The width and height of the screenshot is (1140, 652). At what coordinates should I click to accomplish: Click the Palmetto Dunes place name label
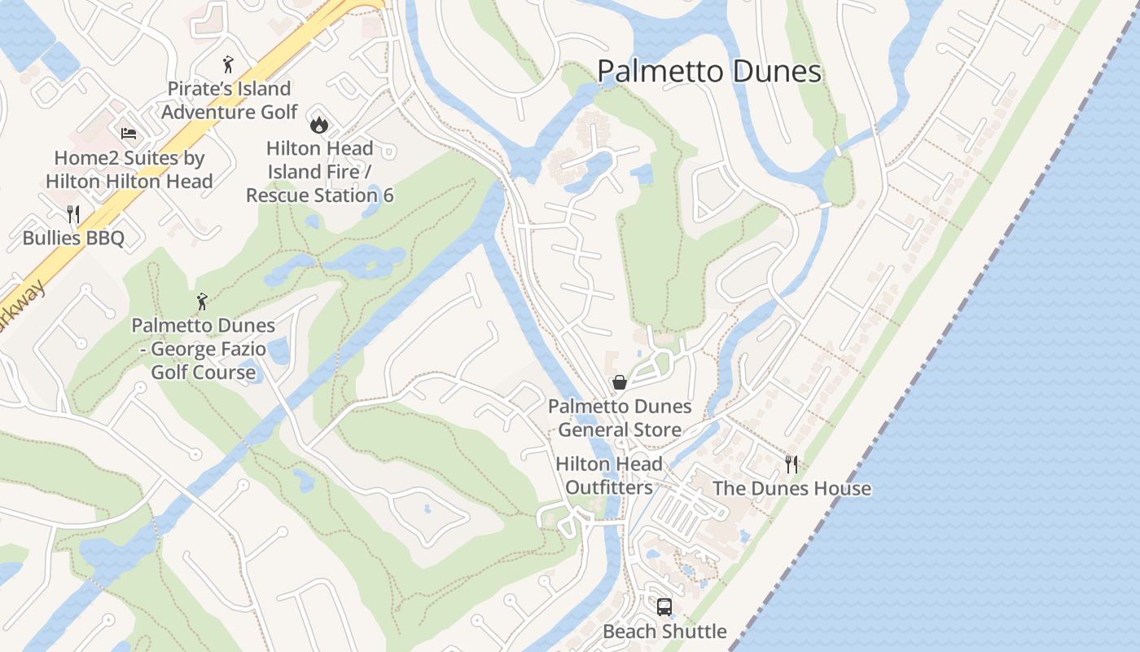(709, 72)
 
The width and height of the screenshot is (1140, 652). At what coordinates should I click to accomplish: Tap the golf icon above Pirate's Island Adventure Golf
(228, 64)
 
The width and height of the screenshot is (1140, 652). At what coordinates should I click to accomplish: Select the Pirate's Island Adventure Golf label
(229, 100)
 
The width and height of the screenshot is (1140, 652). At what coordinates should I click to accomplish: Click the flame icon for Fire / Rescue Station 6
(318, 124)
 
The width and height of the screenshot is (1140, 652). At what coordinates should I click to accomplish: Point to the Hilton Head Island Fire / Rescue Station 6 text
(319, 172)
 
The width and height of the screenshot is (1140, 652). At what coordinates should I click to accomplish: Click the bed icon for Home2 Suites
(129, 134)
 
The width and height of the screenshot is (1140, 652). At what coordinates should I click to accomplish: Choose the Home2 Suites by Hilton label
(129, 170)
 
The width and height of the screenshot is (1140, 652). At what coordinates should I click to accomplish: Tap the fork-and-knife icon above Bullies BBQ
(73, 214)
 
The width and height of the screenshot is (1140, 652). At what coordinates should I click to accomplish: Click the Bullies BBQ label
(73, 238)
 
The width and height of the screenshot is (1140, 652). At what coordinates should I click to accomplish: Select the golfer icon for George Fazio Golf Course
(202, 302)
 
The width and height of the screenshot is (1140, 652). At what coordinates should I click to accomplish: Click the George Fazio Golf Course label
(203, 349)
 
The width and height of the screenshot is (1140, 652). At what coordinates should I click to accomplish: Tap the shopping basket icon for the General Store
(620, 382)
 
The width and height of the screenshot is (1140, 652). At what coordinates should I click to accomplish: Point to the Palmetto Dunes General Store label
(620, 417)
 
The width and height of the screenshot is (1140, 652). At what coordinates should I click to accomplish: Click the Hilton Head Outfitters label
(609, 476)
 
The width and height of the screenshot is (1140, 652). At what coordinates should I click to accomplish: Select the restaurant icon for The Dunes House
(791, 464)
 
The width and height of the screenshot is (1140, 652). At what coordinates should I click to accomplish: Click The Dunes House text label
(791, 489)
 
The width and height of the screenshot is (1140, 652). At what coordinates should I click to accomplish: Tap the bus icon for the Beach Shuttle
(664, 607)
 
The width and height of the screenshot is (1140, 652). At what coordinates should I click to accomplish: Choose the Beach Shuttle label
(664, 632)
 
